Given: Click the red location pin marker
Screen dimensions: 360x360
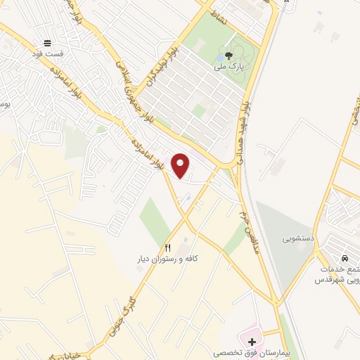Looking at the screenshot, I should pos(181,165).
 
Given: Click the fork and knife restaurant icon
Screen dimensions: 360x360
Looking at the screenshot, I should pos(167,247).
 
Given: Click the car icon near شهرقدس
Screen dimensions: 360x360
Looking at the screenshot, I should pos(345,257).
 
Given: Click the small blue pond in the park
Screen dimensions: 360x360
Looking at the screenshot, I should pos(222,57).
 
